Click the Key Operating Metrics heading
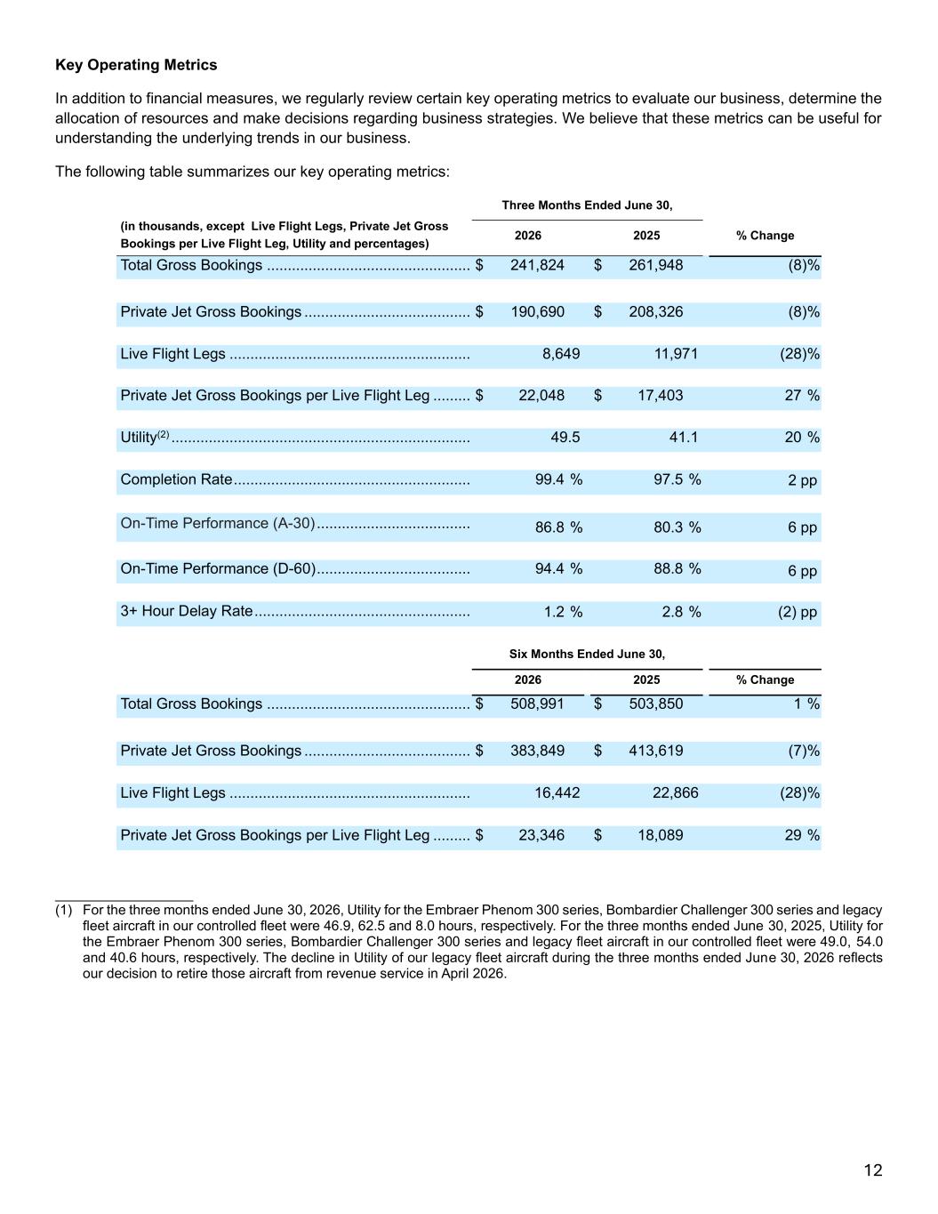point(136,65)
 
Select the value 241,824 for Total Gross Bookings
point(537,265)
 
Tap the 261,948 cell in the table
point(656,265)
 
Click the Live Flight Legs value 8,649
point(561,354)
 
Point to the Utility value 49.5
point(565,437)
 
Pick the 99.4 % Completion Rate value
point(558,479)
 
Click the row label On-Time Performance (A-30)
point(218,524)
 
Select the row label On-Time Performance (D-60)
point(219,568)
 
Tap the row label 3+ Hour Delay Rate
point(187,611)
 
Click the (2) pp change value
point(798,612)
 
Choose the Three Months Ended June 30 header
point(588,205)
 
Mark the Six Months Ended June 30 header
point(588,654)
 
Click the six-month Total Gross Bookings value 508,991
point(537,703)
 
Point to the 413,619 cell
point(656,751)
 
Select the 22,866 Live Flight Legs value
point(676,792)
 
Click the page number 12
point(873,1170)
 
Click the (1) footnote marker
point(64,910)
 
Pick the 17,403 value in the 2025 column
point(661,396)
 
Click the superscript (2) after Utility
point(163,433)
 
